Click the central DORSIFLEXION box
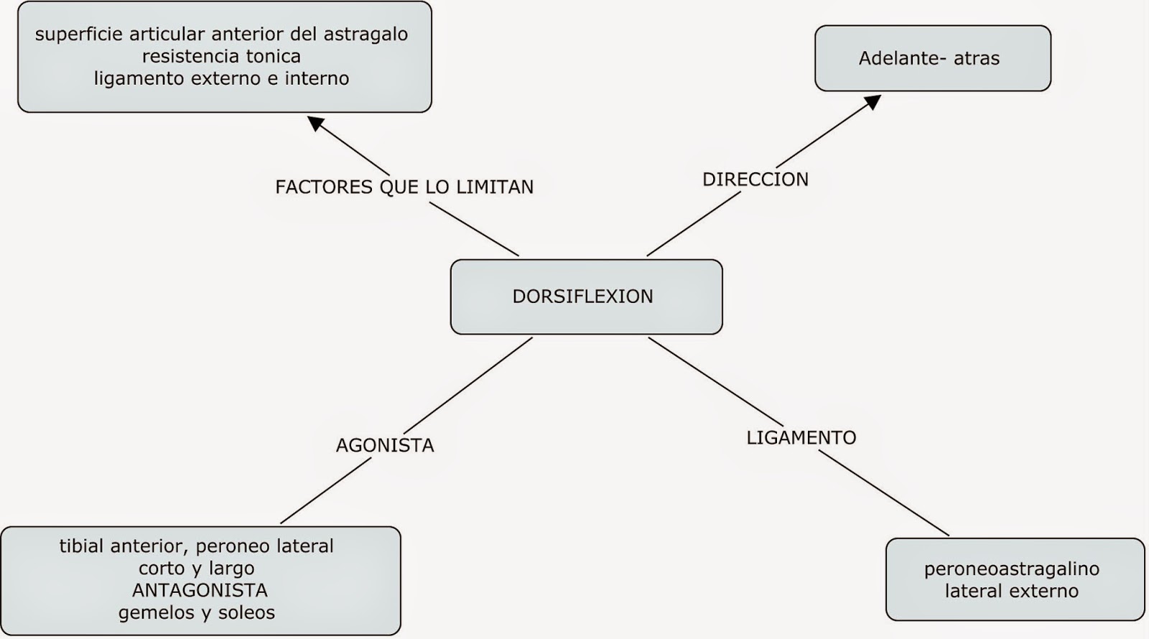tap(586, 297)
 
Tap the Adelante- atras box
tap(932, 58)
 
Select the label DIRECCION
tap(755, 179)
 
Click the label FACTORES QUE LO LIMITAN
tap(404, 187)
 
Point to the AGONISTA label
tap(385, 446)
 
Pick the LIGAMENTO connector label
tap(801, 438)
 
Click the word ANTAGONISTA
tap(200, 591)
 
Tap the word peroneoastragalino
tap(1011, 569)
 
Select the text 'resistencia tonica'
tap(221, 56)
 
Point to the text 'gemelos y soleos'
tap(197, 613)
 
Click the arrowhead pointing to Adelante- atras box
tap(873, 102)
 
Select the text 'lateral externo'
tap(1011, 592)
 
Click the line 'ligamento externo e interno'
tap(221, 78)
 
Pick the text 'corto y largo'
tap(197, 569)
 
